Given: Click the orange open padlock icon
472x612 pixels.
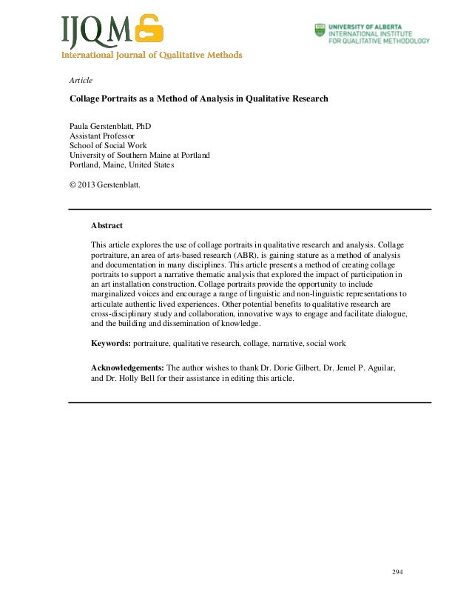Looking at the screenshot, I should pos(149,30).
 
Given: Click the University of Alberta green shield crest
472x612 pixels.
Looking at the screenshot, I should pos(320,32).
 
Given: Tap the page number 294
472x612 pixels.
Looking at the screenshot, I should pos(398,573).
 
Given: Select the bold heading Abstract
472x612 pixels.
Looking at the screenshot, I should pos(107,225).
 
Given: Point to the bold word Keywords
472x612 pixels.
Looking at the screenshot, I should pos(110,344).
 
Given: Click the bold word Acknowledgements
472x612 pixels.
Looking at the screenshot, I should pos(128,367).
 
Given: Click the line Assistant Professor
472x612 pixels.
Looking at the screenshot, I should pos(102,136).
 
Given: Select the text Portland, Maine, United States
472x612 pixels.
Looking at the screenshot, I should pos(122,165).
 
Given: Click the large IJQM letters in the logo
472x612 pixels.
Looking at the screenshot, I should pos(97,30).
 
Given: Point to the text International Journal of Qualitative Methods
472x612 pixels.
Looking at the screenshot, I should pos(151,54).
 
